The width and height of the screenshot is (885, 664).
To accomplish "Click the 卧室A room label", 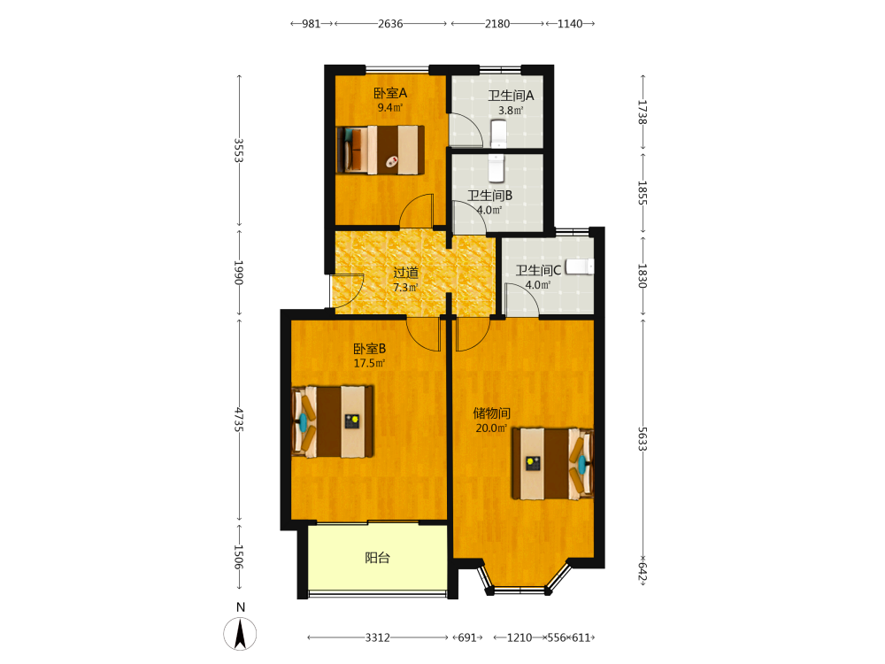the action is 390,93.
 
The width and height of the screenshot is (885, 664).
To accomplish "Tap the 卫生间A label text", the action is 511,96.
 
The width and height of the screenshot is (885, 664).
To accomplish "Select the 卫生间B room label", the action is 490,196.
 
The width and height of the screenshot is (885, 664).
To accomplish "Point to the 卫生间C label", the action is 538,270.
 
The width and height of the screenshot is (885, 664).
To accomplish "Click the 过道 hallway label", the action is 406,274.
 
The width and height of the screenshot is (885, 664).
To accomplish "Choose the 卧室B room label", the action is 370,349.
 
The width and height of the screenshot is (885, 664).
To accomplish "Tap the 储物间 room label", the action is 491,413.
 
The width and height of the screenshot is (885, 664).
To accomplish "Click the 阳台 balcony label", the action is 377,559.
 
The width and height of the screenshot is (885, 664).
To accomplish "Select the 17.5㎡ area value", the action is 370,364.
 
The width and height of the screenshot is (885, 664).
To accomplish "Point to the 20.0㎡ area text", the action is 491,428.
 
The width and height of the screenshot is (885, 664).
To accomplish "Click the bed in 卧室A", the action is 381,150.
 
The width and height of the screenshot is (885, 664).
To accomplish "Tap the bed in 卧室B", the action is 333,421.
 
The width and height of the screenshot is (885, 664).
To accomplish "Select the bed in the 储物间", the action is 552,464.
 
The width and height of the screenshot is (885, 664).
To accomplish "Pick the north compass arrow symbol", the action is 240,634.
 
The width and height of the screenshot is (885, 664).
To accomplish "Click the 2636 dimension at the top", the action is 390,24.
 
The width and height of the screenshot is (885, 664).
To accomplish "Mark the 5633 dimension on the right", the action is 643,439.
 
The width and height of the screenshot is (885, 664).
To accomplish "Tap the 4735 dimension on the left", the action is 239,420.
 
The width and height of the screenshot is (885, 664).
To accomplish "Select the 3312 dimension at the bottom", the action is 378,638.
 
